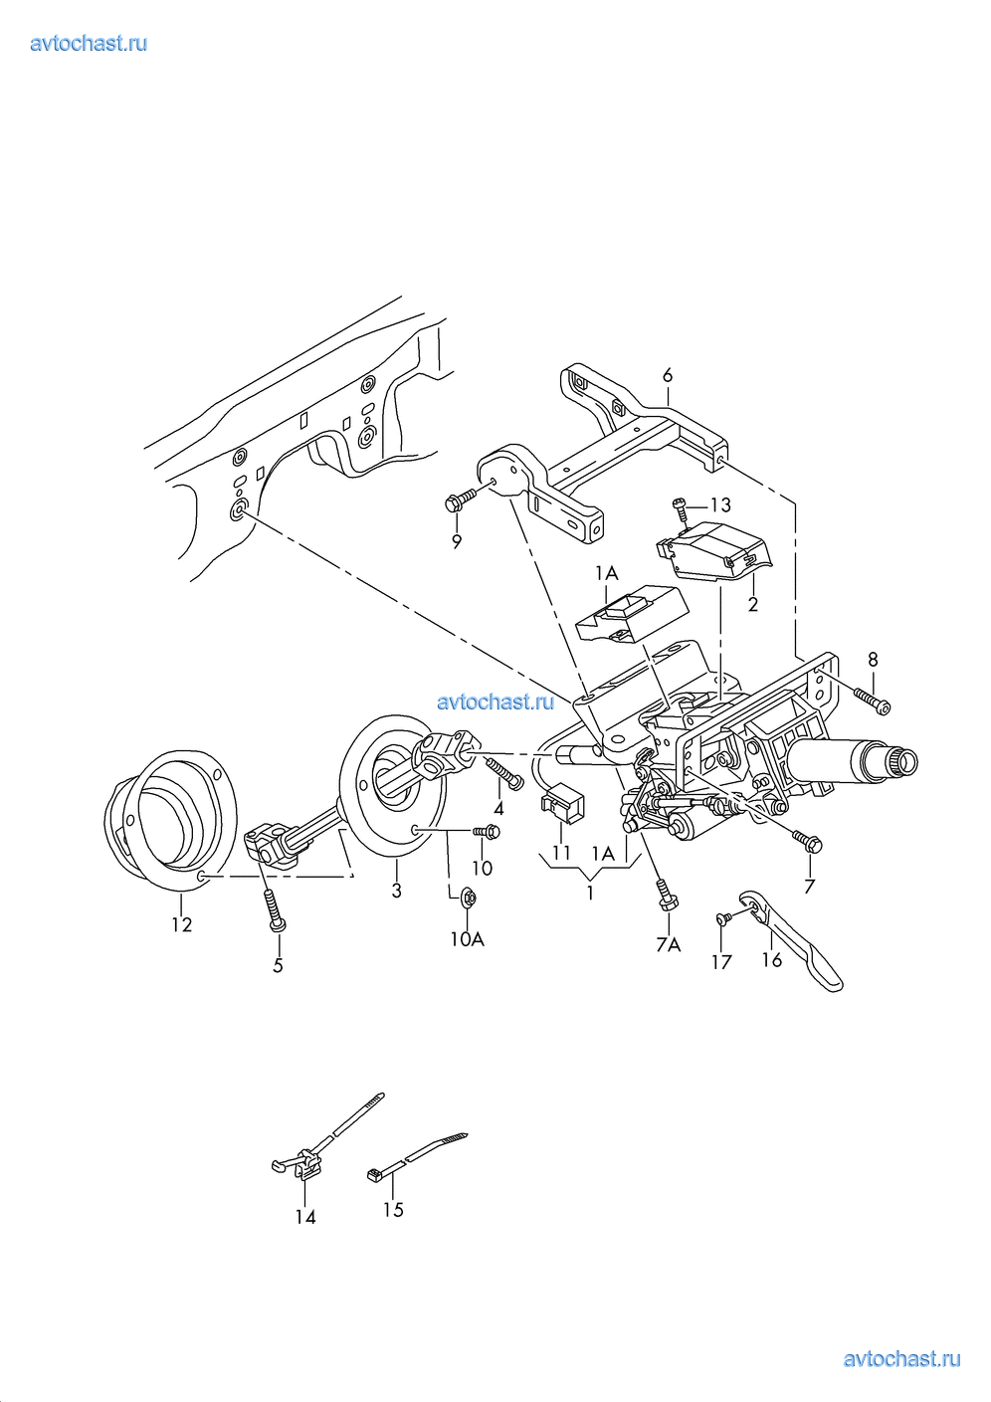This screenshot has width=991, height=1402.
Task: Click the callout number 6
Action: coord(668,375)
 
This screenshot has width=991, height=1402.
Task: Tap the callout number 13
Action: coord(720,504)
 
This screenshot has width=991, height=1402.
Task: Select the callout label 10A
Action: coord(468,939)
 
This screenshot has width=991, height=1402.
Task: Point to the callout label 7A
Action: coord(669,944)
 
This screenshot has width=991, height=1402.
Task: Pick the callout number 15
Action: coord(393,1210)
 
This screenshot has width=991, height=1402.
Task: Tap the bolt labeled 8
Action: coord(872,700)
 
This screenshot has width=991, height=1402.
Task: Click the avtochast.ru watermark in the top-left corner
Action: coord(89,43)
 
